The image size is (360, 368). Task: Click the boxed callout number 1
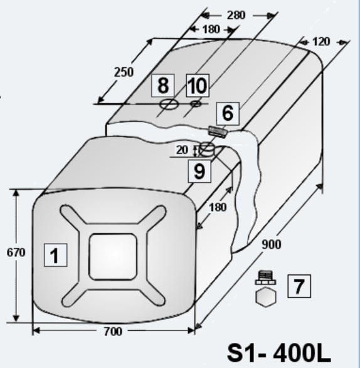point(56,255)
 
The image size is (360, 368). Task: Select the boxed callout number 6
point(228,114)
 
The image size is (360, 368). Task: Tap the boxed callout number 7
point(299,286)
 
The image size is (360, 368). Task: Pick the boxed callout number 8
point(163,85)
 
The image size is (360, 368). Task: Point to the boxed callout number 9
point(199,171)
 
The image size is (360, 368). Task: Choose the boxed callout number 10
point(198,85)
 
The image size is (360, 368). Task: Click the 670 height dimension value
point(16,253)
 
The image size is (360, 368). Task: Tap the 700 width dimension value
point(113,332)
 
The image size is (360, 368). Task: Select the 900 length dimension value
point(272,244)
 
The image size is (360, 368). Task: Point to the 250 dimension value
point(124,72)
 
